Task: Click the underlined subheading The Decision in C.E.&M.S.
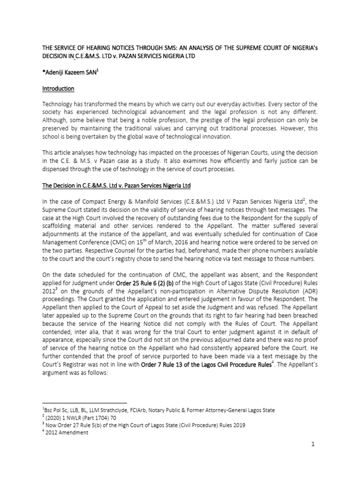tap(116, 186)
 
